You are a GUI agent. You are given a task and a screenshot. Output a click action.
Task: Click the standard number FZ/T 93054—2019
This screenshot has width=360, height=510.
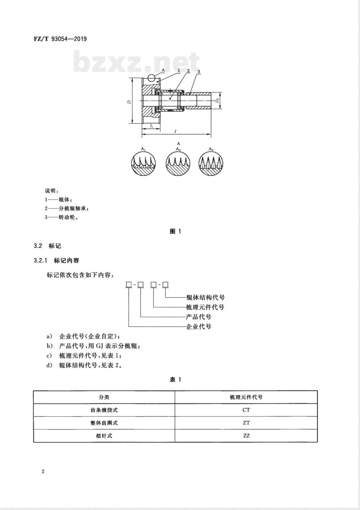(x=60, y=38)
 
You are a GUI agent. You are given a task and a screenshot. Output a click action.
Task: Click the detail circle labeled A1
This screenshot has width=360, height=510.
(x=143, y=164)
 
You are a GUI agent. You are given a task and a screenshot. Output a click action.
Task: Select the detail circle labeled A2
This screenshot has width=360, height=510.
(x=178, y=164)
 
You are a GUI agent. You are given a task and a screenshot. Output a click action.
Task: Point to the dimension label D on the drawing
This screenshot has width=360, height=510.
(x=129, y=102)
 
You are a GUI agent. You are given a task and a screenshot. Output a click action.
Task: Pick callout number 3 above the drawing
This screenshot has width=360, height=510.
(x=198, y=72)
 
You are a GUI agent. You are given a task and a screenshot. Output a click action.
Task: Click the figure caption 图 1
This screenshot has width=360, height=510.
(x=175, y=231)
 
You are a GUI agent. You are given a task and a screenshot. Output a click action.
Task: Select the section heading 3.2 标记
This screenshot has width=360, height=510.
(x=48, y=246)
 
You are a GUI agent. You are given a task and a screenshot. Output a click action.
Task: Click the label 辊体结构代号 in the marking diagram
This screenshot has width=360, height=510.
(x=206, y=297)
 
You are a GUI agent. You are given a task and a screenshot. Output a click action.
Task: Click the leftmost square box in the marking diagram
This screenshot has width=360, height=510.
(x=129, y=285)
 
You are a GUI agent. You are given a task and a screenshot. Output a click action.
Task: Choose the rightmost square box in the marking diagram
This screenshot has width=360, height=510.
(x=165, y=285)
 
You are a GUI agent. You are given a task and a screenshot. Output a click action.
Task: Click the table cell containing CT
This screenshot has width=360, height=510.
(x=246, y=410)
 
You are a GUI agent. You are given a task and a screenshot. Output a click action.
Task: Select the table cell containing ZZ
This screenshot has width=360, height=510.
(x=246, y=436)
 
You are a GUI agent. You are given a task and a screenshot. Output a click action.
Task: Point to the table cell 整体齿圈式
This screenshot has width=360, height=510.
(x=104, y=423)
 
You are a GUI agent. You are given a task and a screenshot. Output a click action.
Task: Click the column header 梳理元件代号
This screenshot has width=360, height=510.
(x=246, y=397)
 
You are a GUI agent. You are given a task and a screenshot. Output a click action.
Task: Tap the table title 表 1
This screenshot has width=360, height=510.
(x=175, y=380)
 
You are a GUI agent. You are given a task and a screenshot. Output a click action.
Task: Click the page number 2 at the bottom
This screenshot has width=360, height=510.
(x=43, y=472)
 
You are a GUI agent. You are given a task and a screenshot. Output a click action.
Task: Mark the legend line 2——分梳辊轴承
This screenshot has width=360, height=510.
(x=67, y=208)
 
